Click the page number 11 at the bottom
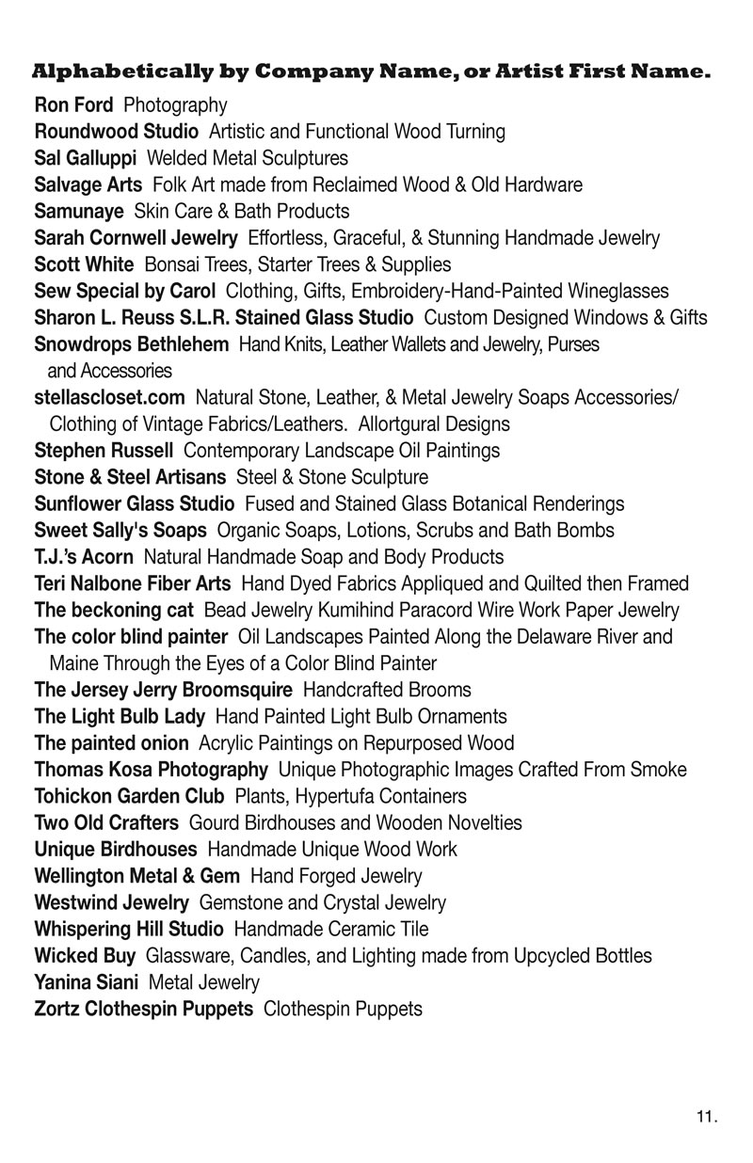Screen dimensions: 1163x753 (707, 1118)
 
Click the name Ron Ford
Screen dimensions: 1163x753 (73, 104)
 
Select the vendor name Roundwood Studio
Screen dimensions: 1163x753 (116, 131)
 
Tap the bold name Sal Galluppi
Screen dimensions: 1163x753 (86, 157)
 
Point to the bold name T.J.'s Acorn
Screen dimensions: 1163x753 (84, 557)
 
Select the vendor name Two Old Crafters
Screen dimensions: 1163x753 (106, 822)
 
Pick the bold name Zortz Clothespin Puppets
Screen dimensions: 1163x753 (143, 1010)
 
